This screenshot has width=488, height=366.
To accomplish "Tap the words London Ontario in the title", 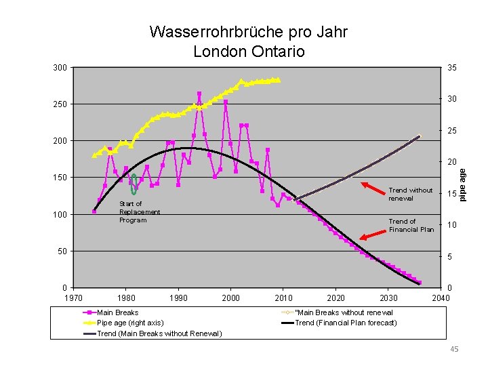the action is tap(249, 52).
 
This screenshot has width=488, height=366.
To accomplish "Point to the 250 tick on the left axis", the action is tap(60, 104).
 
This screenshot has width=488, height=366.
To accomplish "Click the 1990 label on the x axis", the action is tap(178, 298).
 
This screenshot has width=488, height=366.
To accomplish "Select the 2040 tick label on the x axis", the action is tap(441, 298).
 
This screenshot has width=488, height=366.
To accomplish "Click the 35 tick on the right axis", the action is tap(452, 68).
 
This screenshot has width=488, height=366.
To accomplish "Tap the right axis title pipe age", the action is tap(462, 185).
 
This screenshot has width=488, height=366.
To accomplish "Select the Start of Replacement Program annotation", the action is tap(140, 212).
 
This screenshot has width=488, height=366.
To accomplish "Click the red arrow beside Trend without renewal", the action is tap(373, 188).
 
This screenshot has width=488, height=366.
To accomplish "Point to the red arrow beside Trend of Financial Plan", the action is tap(373, 235).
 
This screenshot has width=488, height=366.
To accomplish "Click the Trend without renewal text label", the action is tap(410, 195).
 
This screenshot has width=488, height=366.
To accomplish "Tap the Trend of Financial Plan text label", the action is tap(411, 225).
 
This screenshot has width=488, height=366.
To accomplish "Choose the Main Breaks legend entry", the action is tap(110, 312).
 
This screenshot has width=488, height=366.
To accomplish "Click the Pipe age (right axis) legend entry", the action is tap(123, 323).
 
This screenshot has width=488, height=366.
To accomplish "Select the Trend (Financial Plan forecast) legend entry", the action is tap(339, 323).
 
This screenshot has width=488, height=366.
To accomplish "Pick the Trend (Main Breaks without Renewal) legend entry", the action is tap(152, 333).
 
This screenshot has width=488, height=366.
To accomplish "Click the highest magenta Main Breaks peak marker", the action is tap(199, 94).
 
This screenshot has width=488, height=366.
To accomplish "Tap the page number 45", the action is tap(454, 349).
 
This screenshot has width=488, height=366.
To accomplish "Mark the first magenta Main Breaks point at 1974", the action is tap(94, 211).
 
